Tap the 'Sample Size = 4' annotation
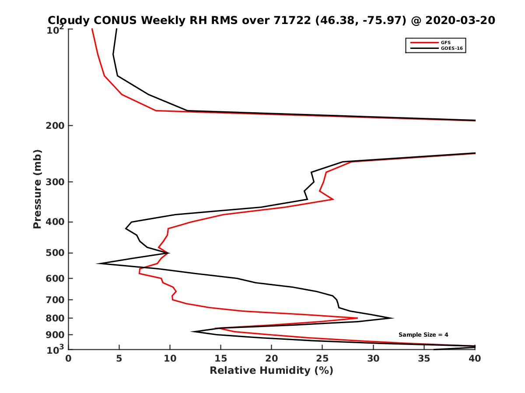423,334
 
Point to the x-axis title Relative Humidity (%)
271,371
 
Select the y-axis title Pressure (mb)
37,189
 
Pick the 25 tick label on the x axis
322,359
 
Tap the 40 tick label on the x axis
475,359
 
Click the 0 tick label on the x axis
69,359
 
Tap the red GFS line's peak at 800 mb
357,318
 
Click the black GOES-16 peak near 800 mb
393,318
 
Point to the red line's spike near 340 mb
333,199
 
